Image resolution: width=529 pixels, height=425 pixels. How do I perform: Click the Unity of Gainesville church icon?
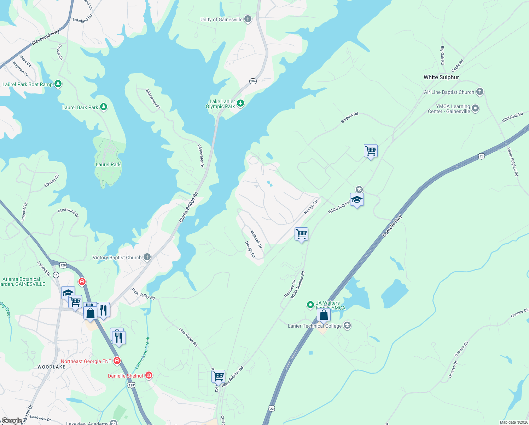[248, 19]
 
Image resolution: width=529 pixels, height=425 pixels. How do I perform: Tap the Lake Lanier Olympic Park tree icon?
[240, 103]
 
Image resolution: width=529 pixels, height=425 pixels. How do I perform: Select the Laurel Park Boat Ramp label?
[28, 84]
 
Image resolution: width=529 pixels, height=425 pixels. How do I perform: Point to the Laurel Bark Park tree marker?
[103, 107]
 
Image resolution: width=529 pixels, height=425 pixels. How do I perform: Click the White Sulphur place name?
[441, 77]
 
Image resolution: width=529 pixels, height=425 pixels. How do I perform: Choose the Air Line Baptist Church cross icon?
[479, 92]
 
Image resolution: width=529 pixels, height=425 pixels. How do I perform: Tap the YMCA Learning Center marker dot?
[475, 108]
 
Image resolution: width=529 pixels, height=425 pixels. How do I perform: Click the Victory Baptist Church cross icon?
[147, 257]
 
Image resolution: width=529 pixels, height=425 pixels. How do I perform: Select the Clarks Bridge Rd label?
[188, 207]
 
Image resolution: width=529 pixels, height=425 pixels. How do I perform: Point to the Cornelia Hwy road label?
[392, 226]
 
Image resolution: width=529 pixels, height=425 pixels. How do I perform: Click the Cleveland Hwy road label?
[46, 38]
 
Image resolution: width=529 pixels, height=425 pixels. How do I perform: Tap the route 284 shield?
[253, 81]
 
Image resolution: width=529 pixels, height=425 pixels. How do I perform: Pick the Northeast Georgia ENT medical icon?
[117, 361]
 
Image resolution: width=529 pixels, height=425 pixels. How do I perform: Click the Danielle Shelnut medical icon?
[149, 375]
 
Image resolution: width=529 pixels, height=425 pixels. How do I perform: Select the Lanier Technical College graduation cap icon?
[347, 325]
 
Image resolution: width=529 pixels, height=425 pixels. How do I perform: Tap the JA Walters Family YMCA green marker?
[310, 304]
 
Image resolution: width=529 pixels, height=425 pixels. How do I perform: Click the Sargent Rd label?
[349, 118]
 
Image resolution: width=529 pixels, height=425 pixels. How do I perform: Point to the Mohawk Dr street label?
[256, 239]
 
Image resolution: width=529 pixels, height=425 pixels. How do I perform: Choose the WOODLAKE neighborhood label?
[52, 367]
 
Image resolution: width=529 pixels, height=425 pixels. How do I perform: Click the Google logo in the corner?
[12, 421]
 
